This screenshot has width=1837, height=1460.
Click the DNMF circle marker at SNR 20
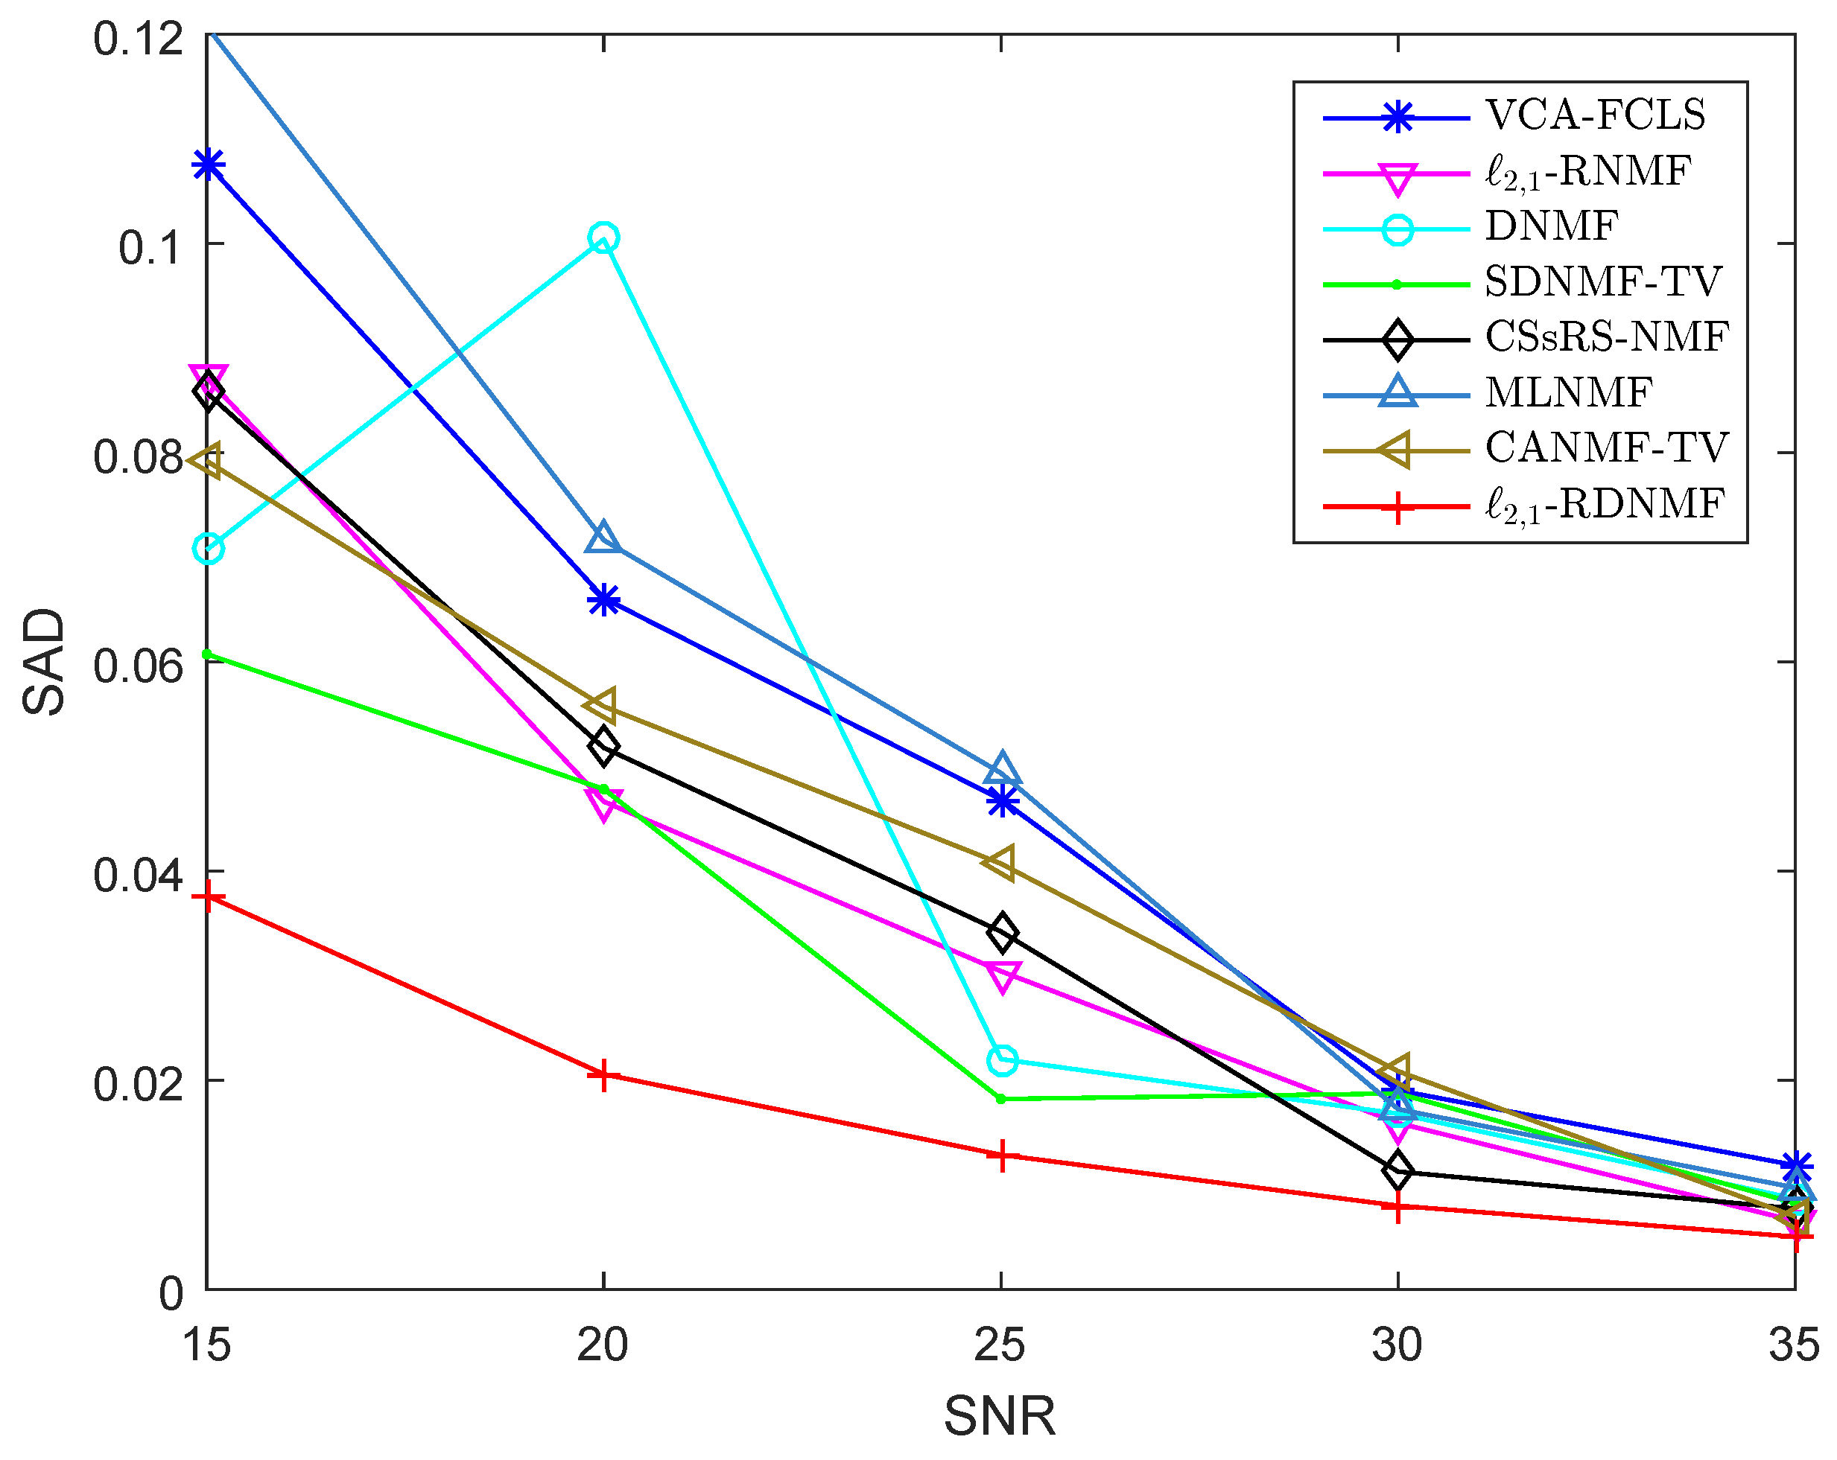click(603, 238)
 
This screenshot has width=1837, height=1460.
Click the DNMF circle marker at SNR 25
click(1002, 1060)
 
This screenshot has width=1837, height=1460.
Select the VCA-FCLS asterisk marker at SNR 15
click(208, 165)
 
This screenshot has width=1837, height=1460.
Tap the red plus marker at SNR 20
click(603, 1075)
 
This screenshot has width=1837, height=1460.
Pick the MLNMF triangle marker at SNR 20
click(603, 538)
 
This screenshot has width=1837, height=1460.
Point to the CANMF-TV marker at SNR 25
click(1000, 862)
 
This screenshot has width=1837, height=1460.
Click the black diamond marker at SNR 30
click(1397, 1171)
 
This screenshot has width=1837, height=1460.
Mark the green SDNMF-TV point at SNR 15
click(207, 654)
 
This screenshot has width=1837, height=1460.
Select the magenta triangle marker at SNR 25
click(1003, 976)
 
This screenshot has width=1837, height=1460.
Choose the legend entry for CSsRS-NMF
click(1606, 337)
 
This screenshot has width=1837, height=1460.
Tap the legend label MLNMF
click(1568, 392)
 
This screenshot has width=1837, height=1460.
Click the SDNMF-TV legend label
click(1602, 282)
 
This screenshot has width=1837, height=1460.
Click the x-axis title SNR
click(1000, 1417)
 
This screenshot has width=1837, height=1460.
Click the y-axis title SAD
click(44, 662)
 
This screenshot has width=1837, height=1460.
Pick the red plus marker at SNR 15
click(208, 898)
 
